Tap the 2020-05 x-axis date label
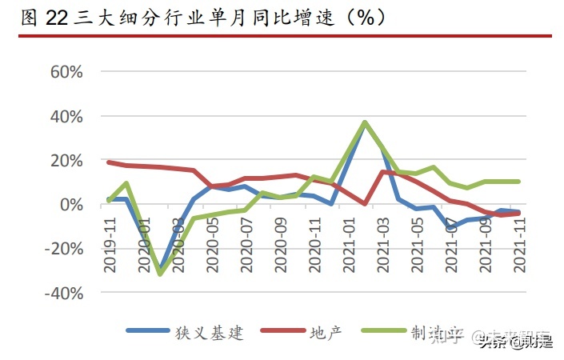(x=213, y=239)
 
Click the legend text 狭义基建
(x=210, y=331)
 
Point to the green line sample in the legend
(x=383, y=331)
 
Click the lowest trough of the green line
(x=161, y=274)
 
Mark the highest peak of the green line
(x=365, y=122)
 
